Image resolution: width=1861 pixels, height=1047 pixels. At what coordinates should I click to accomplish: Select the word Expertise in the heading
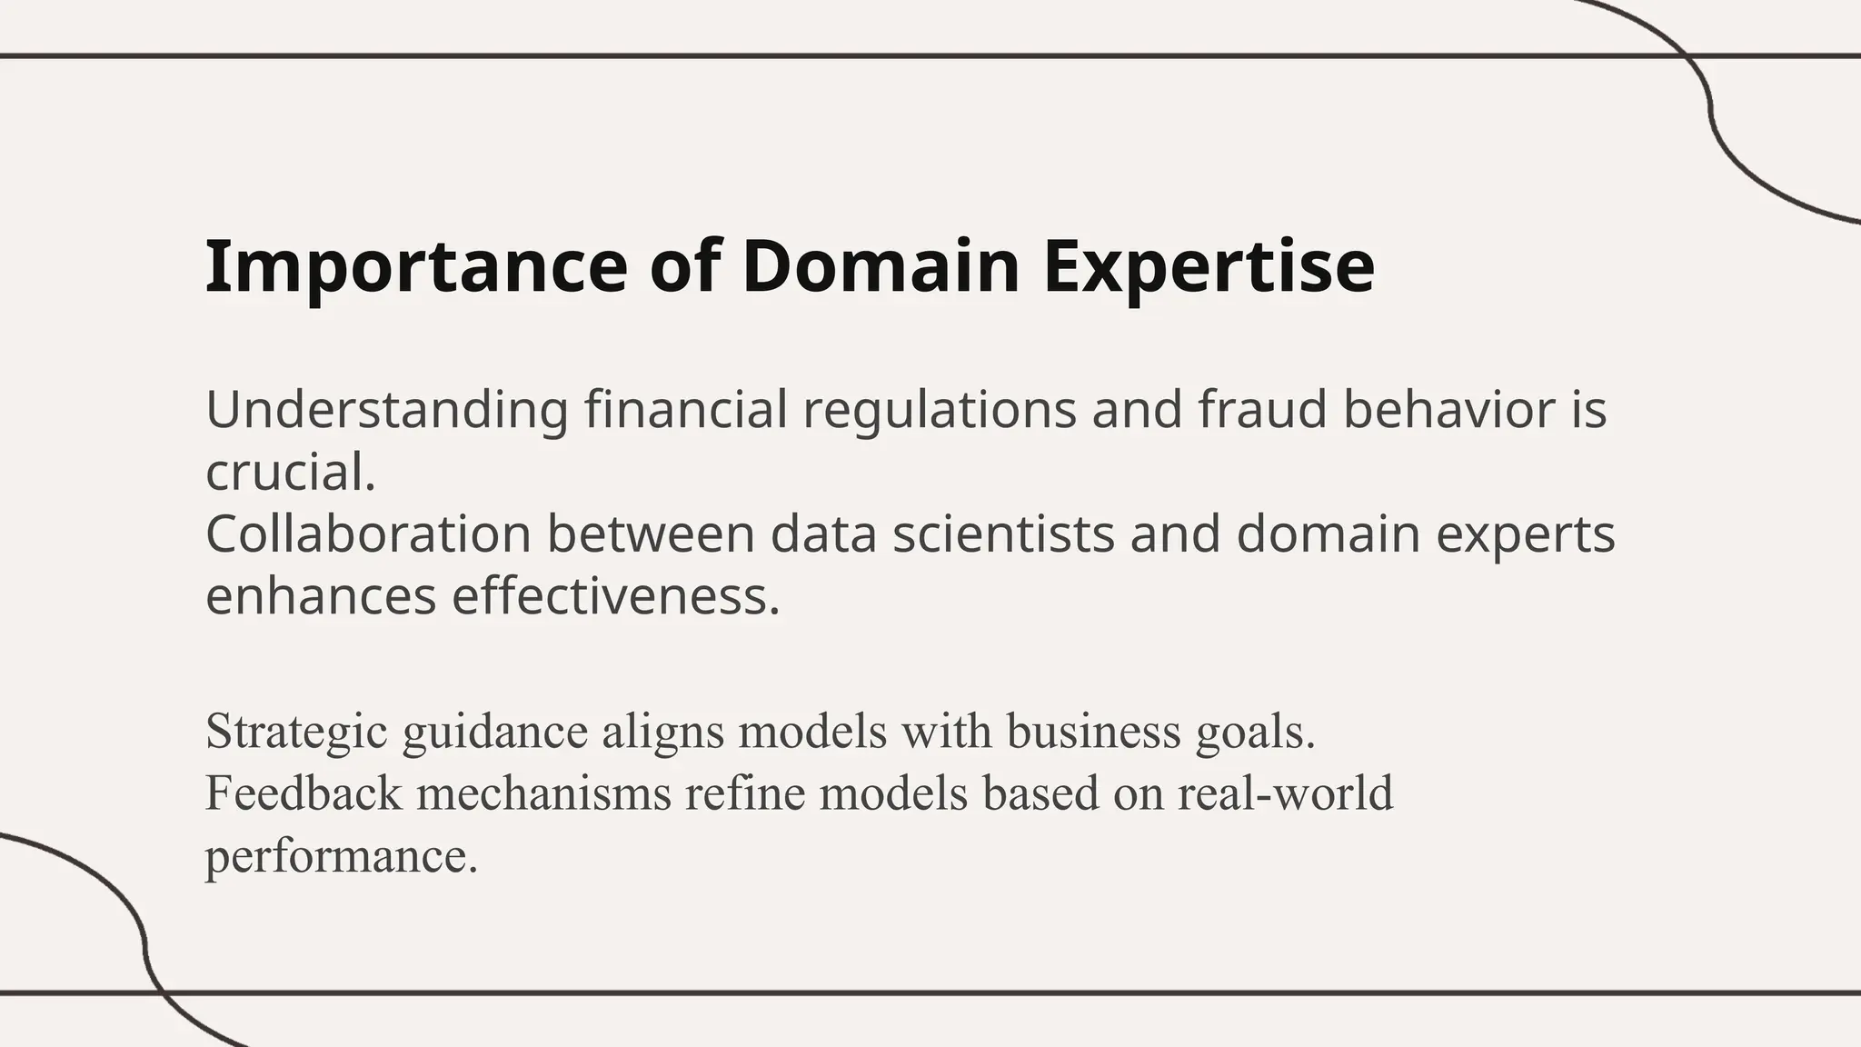pyautogui.click(x=1209, y=266)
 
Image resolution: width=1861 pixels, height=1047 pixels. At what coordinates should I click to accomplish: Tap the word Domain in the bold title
pyautogui.click(x=881, y=266)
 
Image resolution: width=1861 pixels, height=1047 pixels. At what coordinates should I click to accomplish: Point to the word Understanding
pyautogui.click(x=387, y=410)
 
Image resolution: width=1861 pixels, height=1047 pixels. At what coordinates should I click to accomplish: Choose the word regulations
pyautogui.click(x=940, y=410)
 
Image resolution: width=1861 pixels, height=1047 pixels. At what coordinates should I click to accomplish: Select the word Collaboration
pyautogui.click(x=368, y=534)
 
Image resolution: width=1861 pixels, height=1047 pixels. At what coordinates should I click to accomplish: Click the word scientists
pyautogui.click(x=1003, y=534)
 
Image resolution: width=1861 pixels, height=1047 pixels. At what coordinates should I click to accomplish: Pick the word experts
pyautogui.click(x=1526, y=534)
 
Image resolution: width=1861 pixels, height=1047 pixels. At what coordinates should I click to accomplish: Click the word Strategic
pyautogui.click(x=296, y=732)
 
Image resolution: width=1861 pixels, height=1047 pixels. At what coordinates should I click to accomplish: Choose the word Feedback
pyautogui.click(x=304, y=793)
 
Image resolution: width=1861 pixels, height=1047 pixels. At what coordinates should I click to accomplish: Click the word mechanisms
pyautogui.click(x=543, y=793)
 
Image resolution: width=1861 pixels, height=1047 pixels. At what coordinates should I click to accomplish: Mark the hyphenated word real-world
pyautogui.click(x=1285, y=793)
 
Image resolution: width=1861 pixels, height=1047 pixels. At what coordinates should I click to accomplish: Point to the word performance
pyautogui.click(x=341, y=856)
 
